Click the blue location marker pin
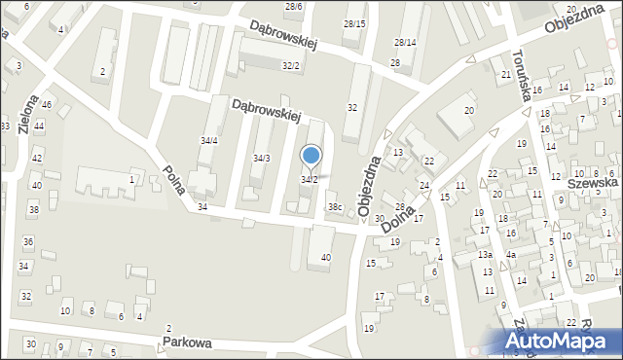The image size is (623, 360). click(x=311, y=156)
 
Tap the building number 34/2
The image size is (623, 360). click(x=309, y=180)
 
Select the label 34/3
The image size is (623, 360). click(x=262, y=158)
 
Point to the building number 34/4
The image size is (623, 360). click(x=209, y=141)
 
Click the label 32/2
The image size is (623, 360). click(x=290, y=65)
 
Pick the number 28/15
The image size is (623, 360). click(x=354, y=23)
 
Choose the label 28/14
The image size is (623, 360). click(x=405, y=43)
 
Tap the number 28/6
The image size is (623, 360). click(x=293, y=6)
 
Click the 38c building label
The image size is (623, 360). click(x=335, y=207)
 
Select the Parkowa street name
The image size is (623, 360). click(x=188, y=343)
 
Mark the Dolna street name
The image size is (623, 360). click(x=401, y=221)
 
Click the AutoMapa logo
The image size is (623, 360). click(x=559, y=342)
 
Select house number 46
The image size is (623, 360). click(x=46, y=103)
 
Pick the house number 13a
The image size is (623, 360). click(x=485, y=255)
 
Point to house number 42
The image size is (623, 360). click(x=37, y=158)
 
